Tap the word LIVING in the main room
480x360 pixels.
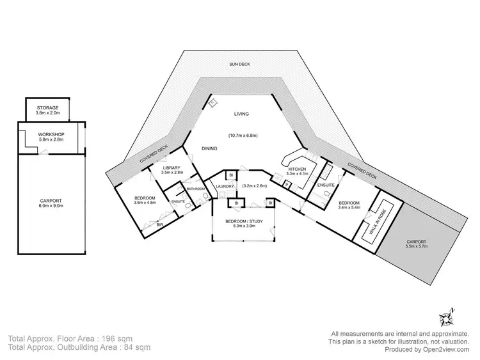coord(241,114)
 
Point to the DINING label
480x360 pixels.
coord(209,148)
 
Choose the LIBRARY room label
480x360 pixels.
coord(171,168)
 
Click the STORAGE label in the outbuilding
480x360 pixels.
coord(47,108)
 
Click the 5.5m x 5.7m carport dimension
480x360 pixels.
coord(416,246)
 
